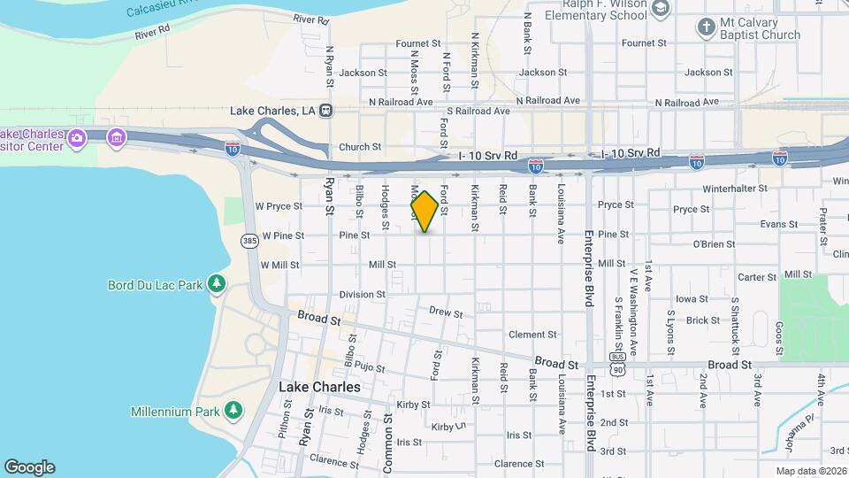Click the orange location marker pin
[x=424, y=212]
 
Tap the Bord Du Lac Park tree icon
[x=216, y=284]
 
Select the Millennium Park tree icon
[x=233, y=411]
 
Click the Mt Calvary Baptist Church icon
[x=706, y=27]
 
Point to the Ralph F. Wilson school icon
[x=659, y=9]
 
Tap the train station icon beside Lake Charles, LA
[x=326, y=111]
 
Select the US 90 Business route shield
[x=616, y=365]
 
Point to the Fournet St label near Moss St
[x=417, y=42]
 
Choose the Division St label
[x=362, y=294]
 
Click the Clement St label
[x=532, y=335]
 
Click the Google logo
[x=29, y=467]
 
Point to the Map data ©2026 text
[x=811, y=471]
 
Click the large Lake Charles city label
[x=319, y=387]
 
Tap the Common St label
[x=387, y=433]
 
